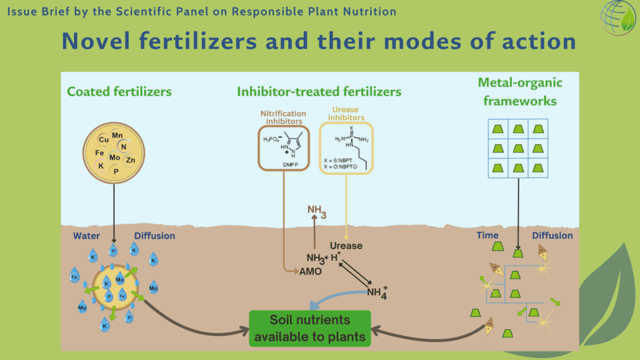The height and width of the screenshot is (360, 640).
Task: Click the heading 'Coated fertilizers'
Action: coord(119,92)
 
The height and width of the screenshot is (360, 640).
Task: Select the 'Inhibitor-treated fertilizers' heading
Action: coord(319,92)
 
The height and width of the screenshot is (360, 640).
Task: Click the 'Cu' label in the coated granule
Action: coord(104,140)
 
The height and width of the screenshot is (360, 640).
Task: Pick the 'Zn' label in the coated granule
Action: coord(130,161)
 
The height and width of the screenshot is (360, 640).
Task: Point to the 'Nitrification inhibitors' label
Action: coord(285,117)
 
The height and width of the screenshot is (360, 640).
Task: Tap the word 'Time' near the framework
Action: coord(487,236)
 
